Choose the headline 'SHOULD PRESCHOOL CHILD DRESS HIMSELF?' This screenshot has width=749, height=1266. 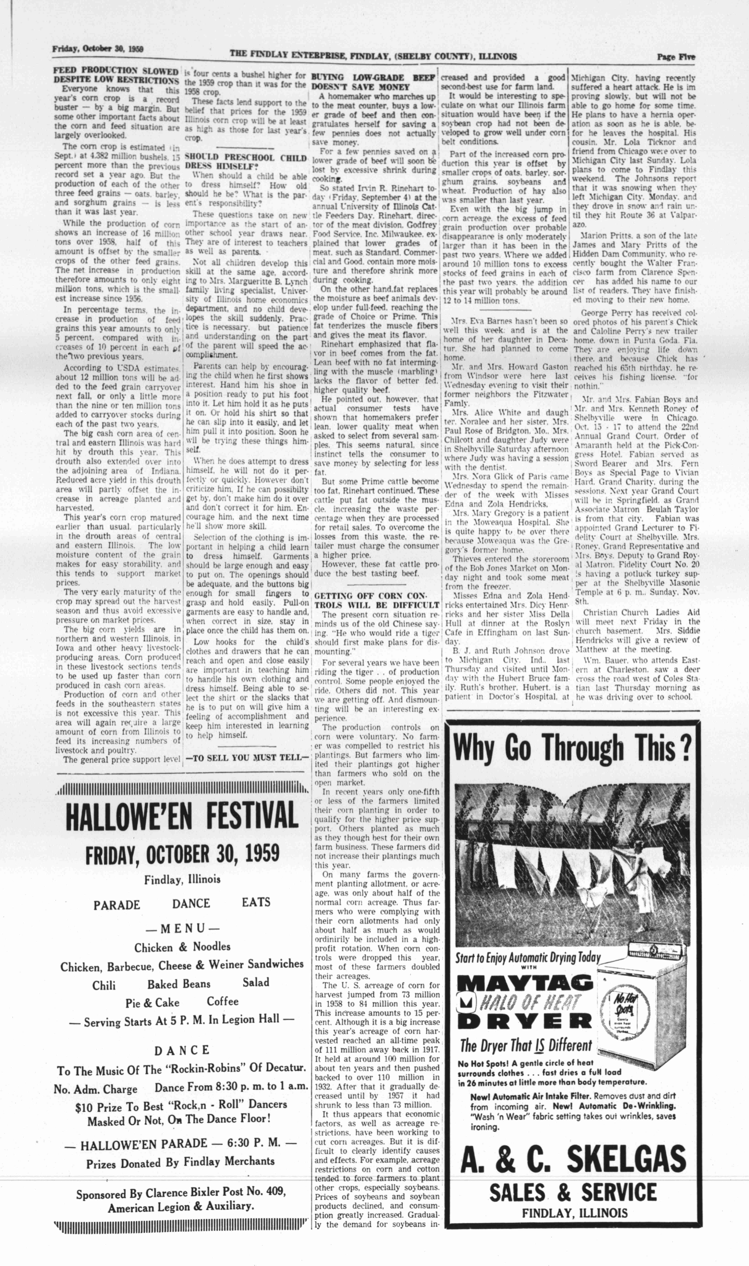click(245, 162)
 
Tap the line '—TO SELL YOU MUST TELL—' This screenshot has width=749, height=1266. click(247, 757)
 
